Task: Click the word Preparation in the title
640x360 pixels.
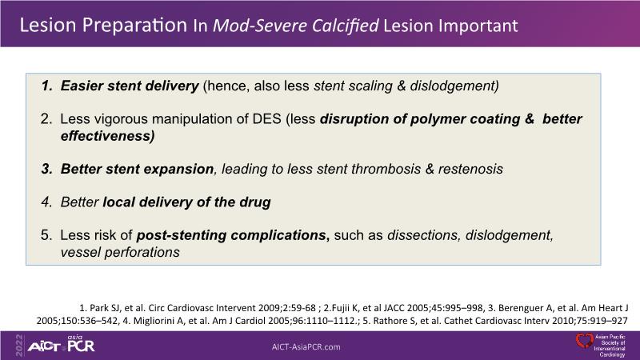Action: pos(134,26)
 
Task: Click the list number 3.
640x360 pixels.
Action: pos(46,169)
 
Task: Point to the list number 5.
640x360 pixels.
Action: pos(46,235)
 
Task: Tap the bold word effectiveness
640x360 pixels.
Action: pos(107,136)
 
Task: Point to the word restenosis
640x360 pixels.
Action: pos(470,169)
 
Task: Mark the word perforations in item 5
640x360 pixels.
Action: pos(142,252)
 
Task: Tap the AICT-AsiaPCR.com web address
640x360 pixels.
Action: pos(306,347)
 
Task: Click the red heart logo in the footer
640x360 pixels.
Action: pos(584,341)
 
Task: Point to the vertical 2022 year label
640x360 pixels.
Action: pos(19,346)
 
